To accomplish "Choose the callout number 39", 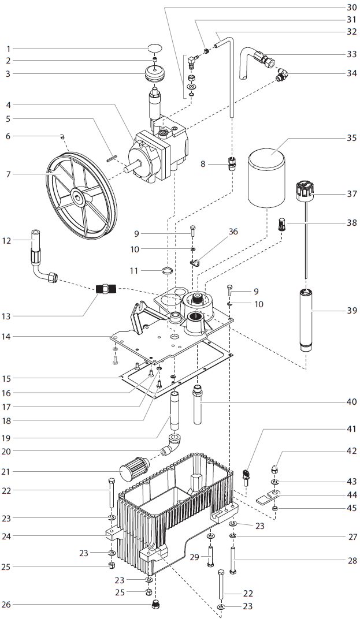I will (x=351, y=310).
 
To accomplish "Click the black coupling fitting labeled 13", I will (x=105, y=287).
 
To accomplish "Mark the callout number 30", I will (x=351, y=8).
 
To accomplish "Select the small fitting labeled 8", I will (x=233, y=163).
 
